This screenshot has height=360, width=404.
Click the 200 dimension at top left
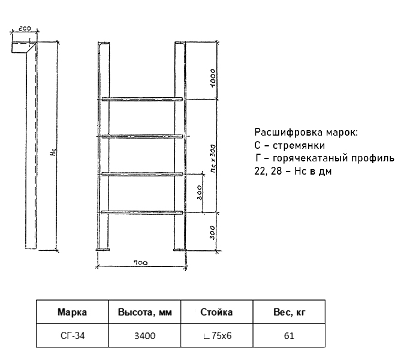25,28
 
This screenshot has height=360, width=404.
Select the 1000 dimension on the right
213,78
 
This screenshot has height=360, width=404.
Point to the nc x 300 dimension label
213,158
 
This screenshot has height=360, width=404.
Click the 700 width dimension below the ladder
141,263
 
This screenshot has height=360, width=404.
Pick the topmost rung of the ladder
142,99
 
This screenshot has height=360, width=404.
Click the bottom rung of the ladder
142,212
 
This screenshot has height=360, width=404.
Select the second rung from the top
142,136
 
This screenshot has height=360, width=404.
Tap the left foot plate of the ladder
103,250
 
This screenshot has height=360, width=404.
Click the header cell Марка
72,312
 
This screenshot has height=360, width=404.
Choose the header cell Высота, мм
145,312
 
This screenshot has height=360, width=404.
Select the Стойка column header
217,312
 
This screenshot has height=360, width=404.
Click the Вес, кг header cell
289,312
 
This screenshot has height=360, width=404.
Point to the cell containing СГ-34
72,335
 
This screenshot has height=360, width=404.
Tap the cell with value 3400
145,335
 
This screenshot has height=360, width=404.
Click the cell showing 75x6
217,335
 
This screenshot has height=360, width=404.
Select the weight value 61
289,335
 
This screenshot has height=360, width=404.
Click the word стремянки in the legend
299,146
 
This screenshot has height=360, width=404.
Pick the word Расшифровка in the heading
288,132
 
